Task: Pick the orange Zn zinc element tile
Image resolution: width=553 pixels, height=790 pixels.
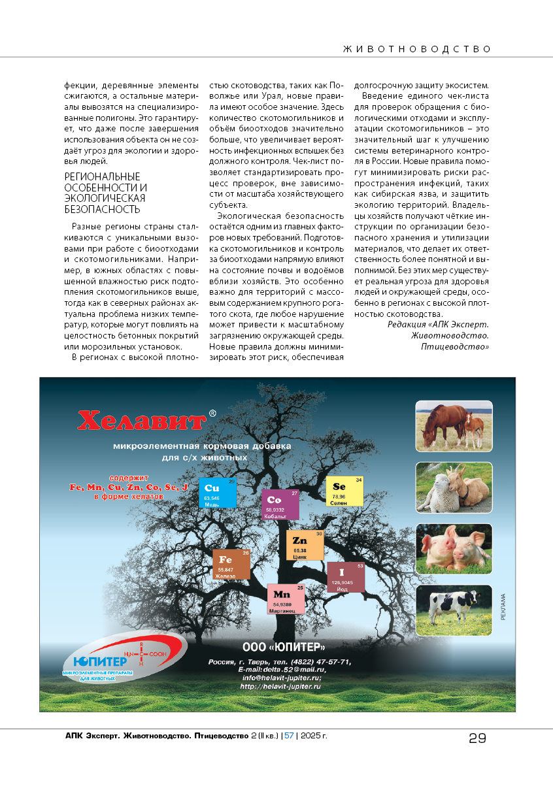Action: click(x=305, y=545)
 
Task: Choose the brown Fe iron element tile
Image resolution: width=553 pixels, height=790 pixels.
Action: click(x=231, y=564)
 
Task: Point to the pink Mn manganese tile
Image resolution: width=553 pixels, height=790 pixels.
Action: click(x=286, y=598)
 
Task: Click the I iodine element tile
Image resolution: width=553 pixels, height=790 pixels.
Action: click(x=345, y=576)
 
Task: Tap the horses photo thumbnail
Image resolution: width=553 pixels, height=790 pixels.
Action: click(x=454, y=426)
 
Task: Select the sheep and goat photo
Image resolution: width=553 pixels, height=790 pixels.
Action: click(x=454, y=487)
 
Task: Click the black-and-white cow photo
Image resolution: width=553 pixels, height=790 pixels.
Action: click(x=454, y=610)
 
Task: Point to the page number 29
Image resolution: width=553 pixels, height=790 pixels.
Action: click(x=477, y=738)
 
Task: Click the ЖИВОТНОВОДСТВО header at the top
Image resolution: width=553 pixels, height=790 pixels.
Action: click(x=417, y=49)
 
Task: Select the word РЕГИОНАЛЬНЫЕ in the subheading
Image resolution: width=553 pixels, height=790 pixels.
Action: click(x=103, y=176)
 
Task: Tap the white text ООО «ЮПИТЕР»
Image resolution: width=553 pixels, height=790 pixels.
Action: click(x=284, y=648)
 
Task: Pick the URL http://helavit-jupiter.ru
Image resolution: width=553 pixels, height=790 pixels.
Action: click(x=280, y=687)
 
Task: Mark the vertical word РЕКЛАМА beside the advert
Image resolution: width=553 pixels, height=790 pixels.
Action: click(x=503, y=608)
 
